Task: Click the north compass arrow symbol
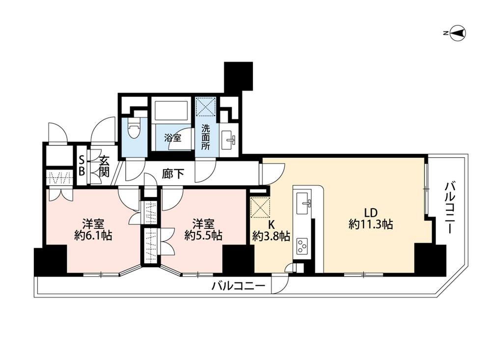point(458,32)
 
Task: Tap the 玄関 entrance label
point(104,166)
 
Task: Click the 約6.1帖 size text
point(93,235)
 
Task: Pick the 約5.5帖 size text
point(203,235)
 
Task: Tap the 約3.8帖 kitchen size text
point(271,236)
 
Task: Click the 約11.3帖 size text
point(371,224)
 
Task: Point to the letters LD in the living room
point(371,213)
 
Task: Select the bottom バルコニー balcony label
point(238,286)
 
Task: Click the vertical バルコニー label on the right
point(451,208)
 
